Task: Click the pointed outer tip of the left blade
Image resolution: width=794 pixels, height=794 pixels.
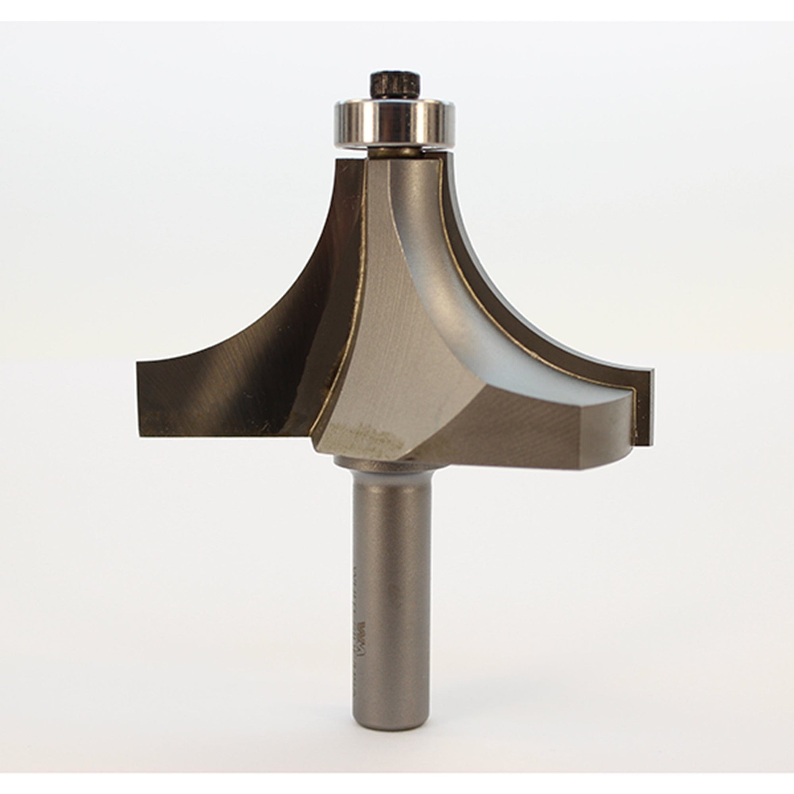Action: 139,362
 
